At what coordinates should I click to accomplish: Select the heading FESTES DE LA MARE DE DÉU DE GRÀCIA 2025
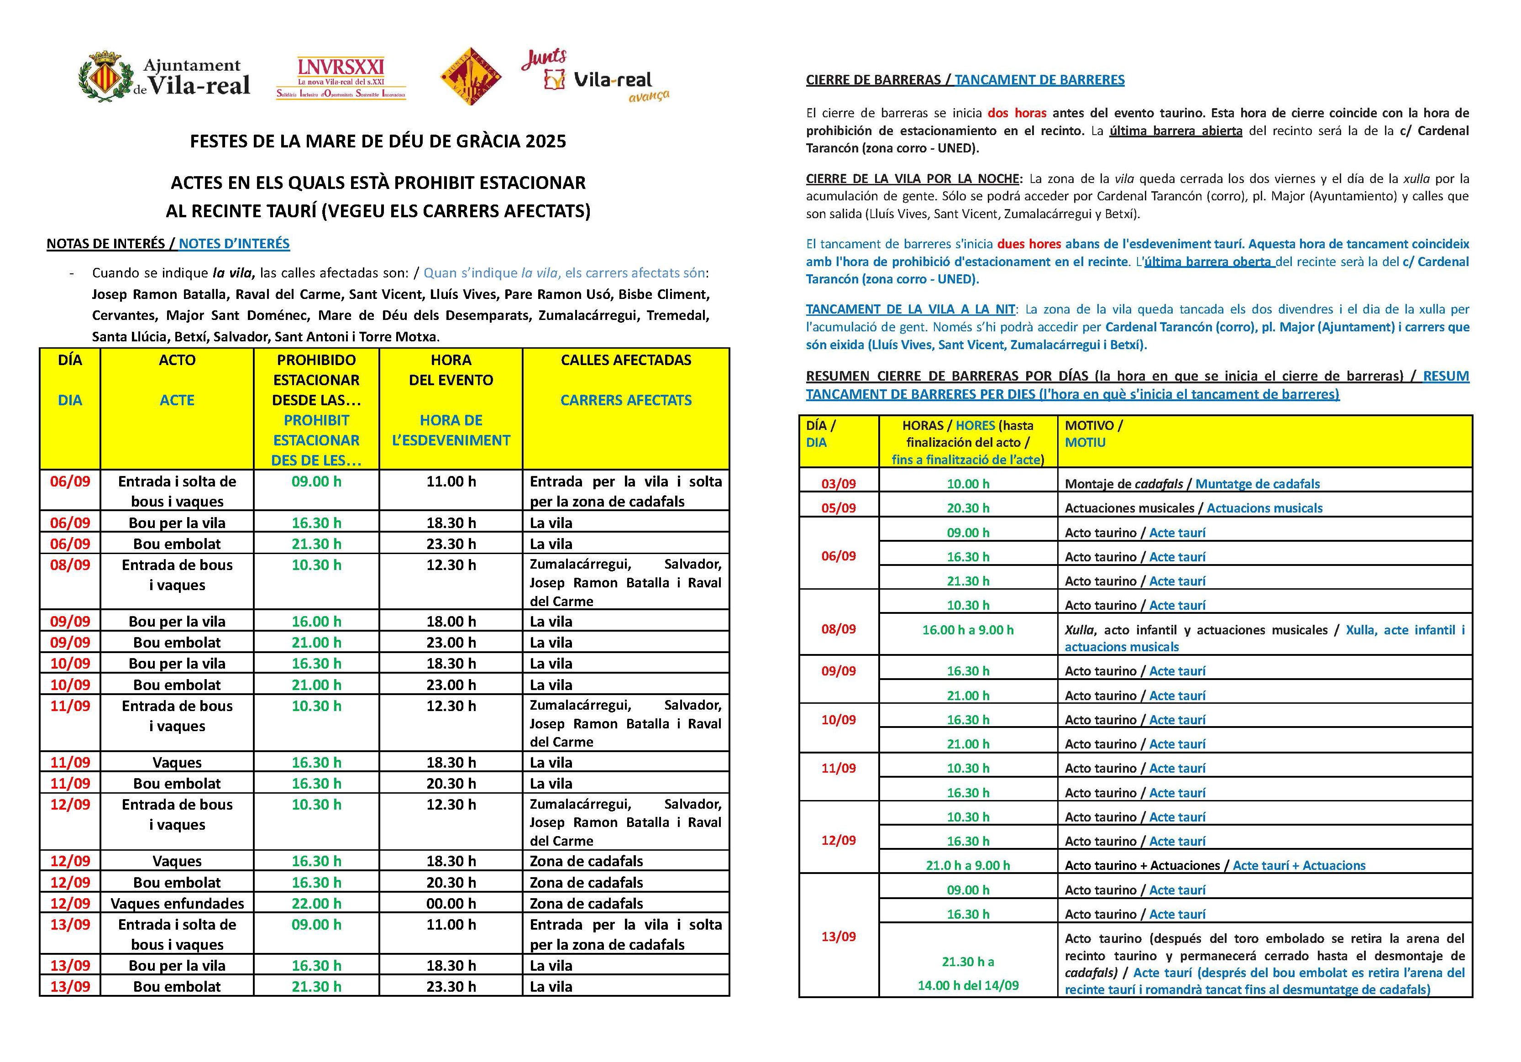pyautogui.click(x=378, y=141)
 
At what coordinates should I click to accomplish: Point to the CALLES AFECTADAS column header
pyautogui.click(x=625, y=361)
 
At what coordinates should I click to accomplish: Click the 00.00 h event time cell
pyautogui.click(x=451, y=903)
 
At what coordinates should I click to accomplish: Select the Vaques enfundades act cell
pyautogui.click(x=177, y=903)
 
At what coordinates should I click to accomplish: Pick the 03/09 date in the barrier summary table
pyautogui.click(x=838, y=484)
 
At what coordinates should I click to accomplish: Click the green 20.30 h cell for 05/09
pyautogui.click(x=967, y=508)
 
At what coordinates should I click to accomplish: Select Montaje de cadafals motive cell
pyautogui.click(x=1123, y=484)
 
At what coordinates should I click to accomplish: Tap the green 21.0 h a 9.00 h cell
pyautogui.click(x=967, y=865)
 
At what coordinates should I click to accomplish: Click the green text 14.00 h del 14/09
pyautogui.click(x=967, y=985)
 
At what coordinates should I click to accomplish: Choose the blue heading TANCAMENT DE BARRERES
pyautogui.click(x=1039, y=80)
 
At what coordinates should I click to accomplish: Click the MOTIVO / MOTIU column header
pyautogui.click(x=1093, y=434)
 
